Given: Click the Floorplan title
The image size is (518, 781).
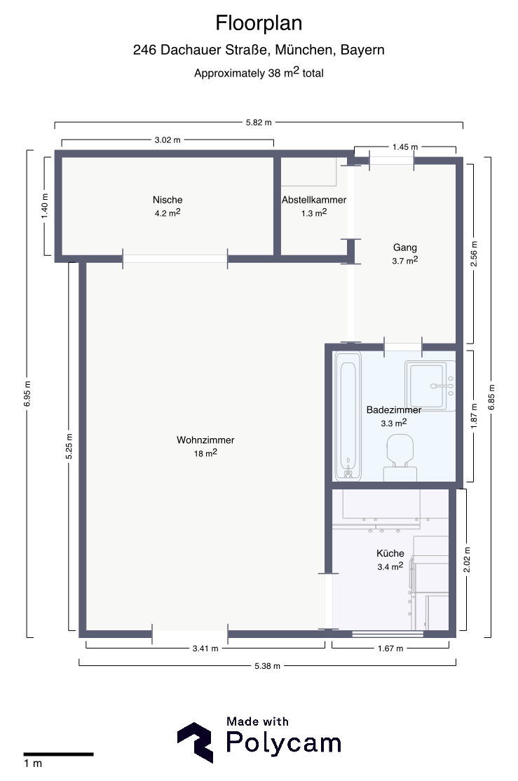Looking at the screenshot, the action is tap(259, 23).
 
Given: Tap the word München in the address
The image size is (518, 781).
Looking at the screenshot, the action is tap(304, 50).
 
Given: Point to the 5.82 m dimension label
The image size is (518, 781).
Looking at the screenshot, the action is tap(259, 123).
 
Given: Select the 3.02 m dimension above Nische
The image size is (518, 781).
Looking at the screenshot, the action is tap(168, 140).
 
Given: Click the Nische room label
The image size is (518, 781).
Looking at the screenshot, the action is tap(168, 200).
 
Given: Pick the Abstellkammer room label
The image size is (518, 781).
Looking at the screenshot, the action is tap(314, 200).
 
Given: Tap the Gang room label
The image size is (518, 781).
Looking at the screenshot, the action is tap(405, 247).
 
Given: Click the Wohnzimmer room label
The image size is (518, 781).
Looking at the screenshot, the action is tap(205, 440).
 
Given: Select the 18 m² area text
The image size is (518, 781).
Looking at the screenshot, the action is tap(205, 454).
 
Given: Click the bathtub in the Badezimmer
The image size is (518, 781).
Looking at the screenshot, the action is tap(348, 416).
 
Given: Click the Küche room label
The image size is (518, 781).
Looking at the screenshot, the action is tap(390, 553).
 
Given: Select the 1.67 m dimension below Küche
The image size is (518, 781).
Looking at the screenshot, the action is tap(390, 648).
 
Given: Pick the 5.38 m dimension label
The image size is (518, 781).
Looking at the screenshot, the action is tap(267, 666).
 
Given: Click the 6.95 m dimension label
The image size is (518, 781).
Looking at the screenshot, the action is tap(27, 393).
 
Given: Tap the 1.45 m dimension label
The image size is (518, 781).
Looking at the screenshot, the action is tap(405, 147).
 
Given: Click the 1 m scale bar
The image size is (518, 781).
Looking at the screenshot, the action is tap(58, 754).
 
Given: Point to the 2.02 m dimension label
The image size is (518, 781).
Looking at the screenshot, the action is tap(467, 560).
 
